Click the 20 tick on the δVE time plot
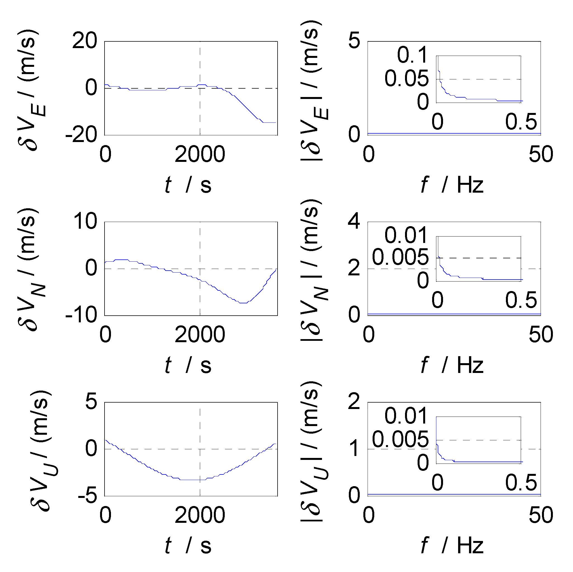(x=84, y=41)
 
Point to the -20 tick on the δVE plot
(x=81, y=135)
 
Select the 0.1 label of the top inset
(x=413, y=55)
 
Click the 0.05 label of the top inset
(x=407, y=79)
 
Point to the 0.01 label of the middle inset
(x=406, y=235)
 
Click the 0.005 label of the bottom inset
(x=400, y=439)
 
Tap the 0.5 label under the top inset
(x=521, y=122)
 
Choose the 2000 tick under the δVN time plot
(x=200, y=335)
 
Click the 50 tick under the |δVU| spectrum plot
(x=541, y=515)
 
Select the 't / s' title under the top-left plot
(x=188, y=185)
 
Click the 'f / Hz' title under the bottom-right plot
(x=452, y=545)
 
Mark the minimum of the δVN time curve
(x=243, y=303)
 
